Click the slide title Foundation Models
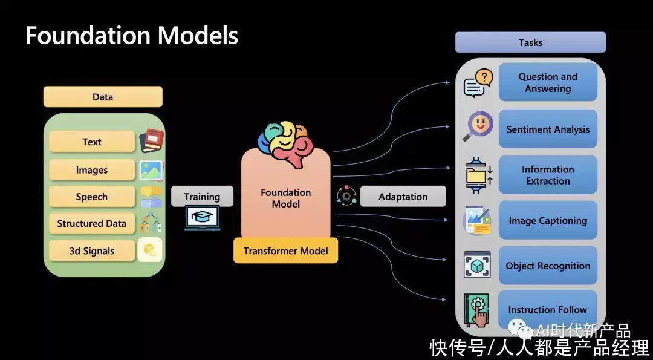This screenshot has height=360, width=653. click(x=132, y=36)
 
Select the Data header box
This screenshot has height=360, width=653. click(x=103, y=97)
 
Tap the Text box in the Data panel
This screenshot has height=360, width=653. click(x=92, y=142)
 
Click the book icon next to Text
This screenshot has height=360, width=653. click(x=151, y=140)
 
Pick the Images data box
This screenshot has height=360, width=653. click(x=92, y=170)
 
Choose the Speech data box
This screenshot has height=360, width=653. click(x=92, y=197)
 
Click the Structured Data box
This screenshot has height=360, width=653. click(x=92, y=223)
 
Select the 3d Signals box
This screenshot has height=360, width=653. click(x=92, y=250)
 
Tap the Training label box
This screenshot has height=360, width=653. click(x=202, y=197)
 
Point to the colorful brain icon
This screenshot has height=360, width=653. click(x=285, y=143)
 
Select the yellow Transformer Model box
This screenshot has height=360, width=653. click(x=285, y=250)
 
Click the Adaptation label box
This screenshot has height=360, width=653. click(x=403, y=197)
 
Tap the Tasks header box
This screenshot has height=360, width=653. click(x=530, y=42)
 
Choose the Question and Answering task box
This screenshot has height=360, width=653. click(x=548, y=82)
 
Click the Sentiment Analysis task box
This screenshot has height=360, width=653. click(x=548, y=129)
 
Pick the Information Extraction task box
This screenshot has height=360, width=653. click(x=548, y=175)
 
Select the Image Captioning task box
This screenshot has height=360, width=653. click(x=548, y=220)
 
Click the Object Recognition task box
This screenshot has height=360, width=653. click(x=548, y=266)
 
